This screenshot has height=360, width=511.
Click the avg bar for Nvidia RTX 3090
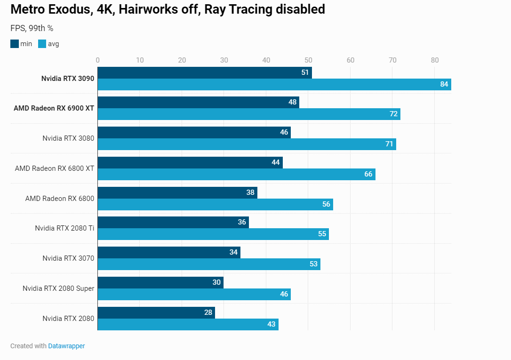[274, 85]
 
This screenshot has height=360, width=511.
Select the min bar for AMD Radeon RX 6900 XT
[198, 103]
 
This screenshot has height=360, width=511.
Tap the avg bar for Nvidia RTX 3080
[247, 144]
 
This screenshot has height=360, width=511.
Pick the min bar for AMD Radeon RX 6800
[177, 192]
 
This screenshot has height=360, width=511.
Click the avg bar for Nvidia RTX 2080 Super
[194, 294]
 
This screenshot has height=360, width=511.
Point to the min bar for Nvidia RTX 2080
[156, 312]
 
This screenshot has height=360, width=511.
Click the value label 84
[444, 85]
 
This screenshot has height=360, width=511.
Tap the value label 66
[368, 175]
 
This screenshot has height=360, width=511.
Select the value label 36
[242, 222]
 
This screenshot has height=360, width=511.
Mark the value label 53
[313, 264]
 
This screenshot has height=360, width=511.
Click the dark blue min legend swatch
[15, 44]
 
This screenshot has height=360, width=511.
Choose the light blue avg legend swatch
[42, 44]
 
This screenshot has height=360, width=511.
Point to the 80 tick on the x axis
[434, 60]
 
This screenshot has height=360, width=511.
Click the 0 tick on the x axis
[97, 60]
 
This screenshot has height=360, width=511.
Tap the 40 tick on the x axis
[266, 60]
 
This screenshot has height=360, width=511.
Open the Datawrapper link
[66, 346]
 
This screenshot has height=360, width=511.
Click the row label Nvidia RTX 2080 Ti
[64, 228]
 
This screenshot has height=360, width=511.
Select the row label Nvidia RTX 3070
[68, 258]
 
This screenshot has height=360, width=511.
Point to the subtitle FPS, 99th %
[32, 28]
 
